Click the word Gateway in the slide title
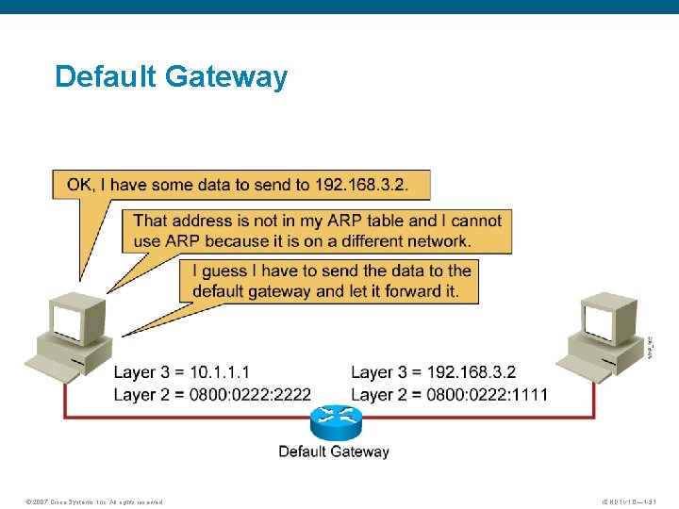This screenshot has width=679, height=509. tap(226, 76)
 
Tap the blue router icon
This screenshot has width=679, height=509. tap(334, 422)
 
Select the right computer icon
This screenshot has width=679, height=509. tap(603, 335)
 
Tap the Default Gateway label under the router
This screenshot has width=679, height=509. tap(334, 452)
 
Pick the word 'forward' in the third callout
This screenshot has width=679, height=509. tap(416, 290)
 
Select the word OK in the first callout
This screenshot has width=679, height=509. tap(80, 185)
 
